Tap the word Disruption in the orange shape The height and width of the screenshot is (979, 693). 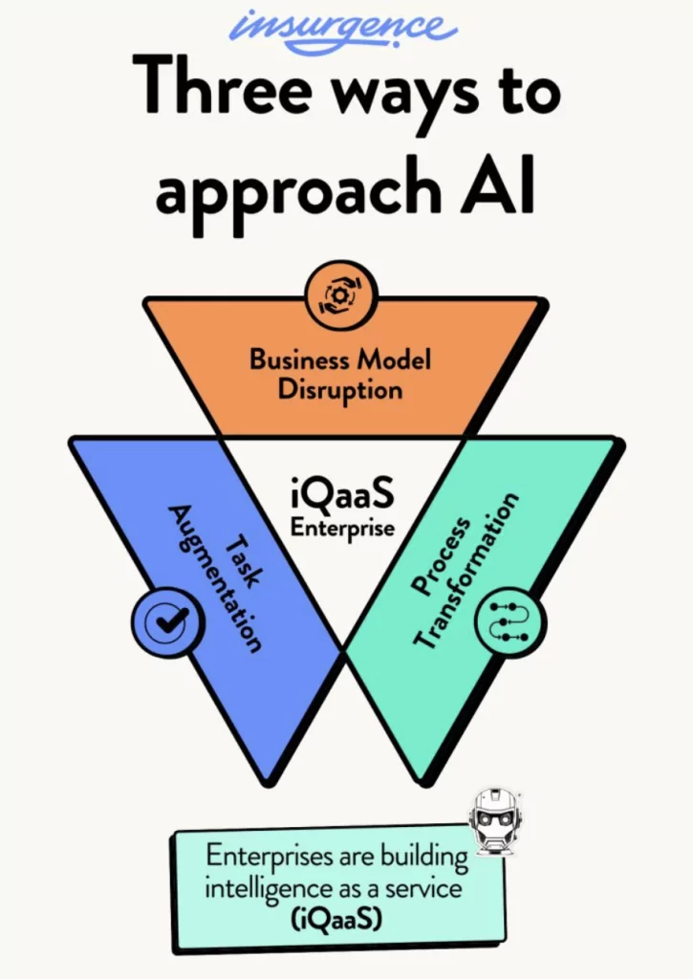(x=340, y=389)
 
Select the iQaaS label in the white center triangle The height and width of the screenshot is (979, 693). (x=342, y=498)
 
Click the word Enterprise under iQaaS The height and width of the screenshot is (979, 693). (x=342, y=527)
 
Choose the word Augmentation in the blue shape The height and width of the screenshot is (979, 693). (x=215, y=577)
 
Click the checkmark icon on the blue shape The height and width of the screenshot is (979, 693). (x=167, y=622)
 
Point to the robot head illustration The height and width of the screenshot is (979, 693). (x=496, y=821)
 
